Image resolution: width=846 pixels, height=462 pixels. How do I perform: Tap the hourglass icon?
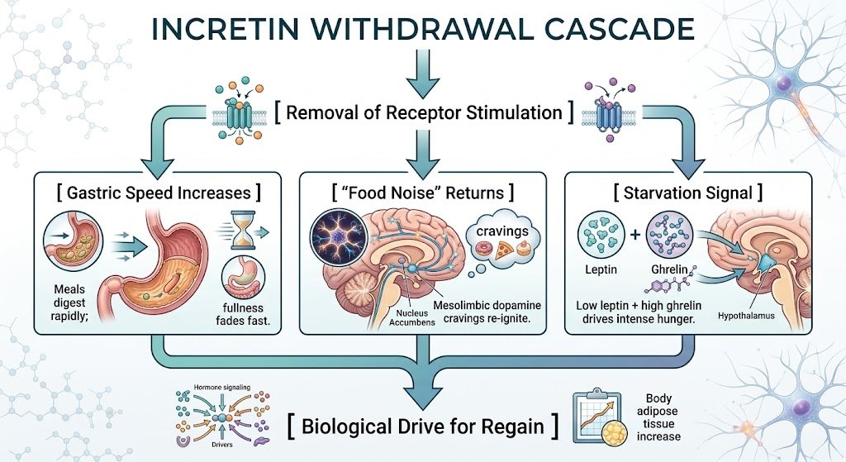[x=243, y=230]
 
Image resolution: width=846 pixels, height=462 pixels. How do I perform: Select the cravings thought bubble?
[x=501, y=242]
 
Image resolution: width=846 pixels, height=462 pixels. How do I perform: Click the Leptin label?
[x=601, y=269]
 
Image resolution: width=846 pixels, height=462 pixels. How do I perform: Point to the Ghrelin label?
[x=669, y=269]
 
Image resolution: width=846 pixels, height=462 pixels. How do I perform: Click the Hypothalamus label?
[x=746, y=316]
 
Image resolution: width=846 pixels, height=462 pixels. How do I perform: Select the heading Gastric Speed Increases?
[x=159, y=193]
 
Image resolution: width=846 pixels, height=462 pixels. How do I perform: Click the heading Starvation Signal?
[x=688, y=193]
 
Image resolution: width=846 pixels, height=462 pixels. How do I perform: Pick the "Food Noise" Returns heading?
[x=422, y=193]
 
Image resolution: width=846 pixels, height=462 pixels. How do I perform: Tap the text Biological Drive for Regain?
[x=423, y=426]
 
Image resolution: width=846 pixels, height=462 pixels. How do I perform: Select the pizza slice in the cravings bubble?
[x=505, y=250]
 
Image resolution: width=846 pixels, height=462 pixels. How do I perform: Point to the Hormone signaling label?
[x=221, y=388]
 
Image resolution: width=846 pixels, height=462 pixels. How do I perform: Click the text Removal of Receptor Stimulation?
[x=424, y=112]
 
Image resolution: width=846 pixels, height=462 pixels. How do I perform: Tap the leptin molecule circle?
[x=601, y=234]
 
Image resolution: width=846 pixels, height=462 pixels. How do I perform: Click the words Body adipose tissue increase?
[x=658, y=417]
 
